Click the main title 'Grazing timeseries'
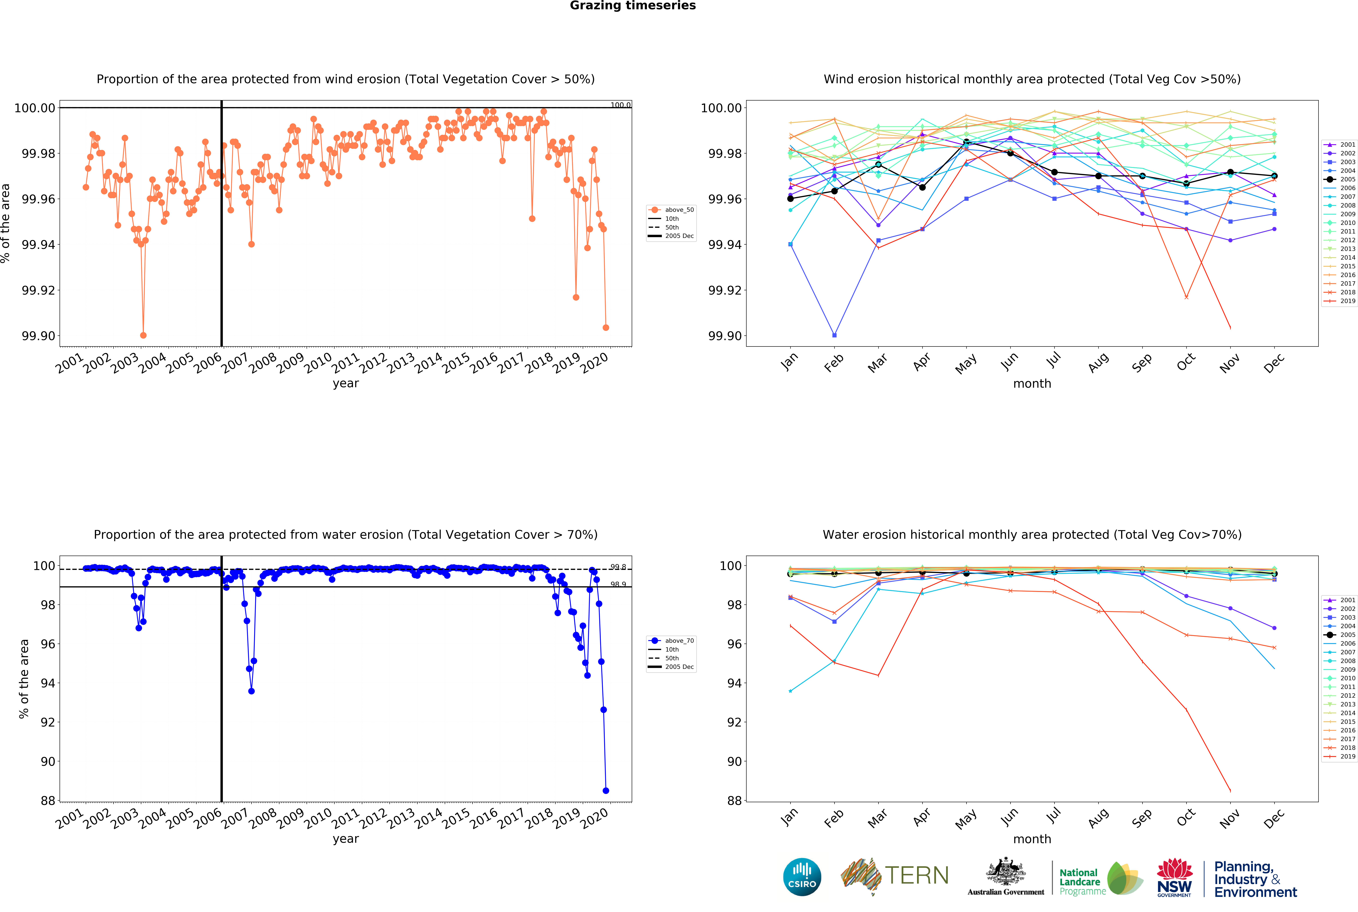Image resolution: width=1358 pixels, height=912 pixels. [x=632, y=6]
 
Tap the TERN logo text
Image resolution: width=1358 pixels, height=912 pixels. [x=916, y=875]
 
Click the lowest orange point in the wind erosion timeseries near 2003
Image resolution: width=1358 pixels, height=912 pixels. [x=143, y=336]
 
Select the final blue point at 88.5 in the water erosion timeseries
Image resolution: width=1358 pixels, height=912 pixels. [x=606, y=790]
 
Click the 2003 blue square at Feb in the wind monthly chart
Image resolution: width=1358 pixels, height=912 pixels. [x=834, y=336]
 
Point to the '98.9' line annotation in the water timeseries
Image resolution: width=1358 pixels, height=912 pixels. [x=618, y=584]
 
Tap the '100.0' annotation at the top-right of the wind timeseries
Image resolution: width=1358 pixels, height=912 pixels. [x=620, y=105]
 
